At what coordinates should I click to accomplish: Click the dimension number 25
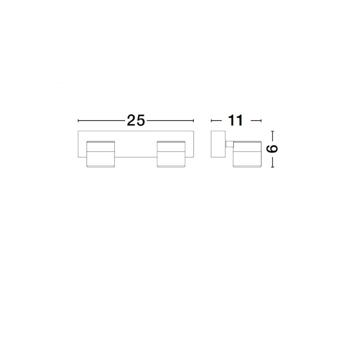point(136,121)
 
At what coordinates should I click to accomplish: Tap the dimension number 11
point(235,121)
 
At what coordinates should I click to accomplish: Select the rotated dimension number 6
point(272,149)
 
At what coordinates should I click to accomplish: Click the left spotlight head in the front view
point(100,154)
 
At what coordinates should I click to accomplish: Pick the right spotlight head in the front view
point(171,154)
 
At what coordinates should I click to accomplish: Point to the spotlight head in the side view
point(247,154)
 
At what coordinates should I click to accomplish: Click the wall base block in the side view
point(218,144)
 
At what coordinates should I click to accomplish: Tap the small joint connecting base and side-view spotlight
point(229,144)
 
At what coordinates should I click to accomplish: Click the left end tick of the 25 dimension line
point(78,121)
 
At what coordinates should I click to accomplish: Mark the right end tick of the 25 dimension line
point(193,121)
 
